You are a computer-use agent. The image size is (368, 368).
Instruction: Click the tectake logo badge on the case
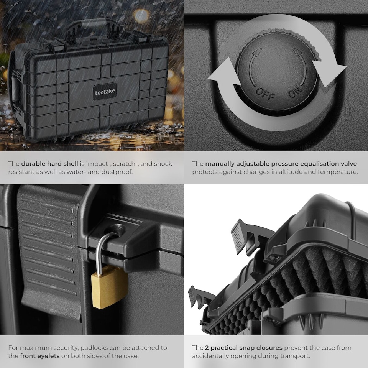tap(105, 92)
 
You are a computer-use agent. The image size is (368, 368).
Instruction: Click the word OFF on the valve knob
tap(265, 94)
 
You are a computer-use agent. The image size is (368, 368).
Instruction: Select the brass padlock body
tap(109, 287)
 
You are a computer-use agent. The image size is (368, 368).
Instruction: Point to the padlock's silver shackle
tap(105, 251)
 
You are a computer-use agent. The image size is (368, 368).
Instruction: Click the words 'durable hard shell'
tap(49, 164)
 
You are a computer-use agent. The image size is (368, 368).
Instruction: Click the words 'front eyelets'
tap(40, 356)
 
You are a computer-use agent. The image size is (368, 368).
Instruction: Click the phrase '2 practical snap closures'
tap(244, 348)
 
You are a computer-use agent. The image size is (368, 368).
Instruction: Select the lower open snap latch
tap(202, 296)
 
